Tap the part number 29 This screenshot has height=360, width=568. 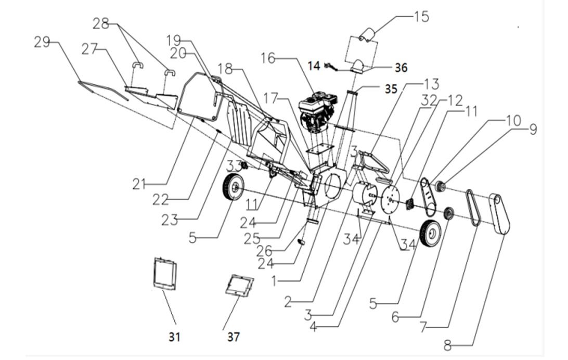42,42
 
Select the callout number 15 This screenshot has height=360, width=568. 421,17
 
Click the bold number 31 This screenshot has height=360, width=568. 174,337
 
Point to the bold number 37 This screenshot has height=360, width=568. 234,337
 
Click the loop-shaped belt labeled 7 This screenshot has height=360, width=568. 473,208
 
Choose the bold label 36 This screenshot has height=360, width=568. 400,68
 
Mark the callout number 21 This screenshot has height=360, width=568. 139,183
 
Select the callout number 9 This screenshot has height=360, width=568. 532,128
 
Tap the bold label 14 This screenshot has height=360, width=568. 314,66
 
